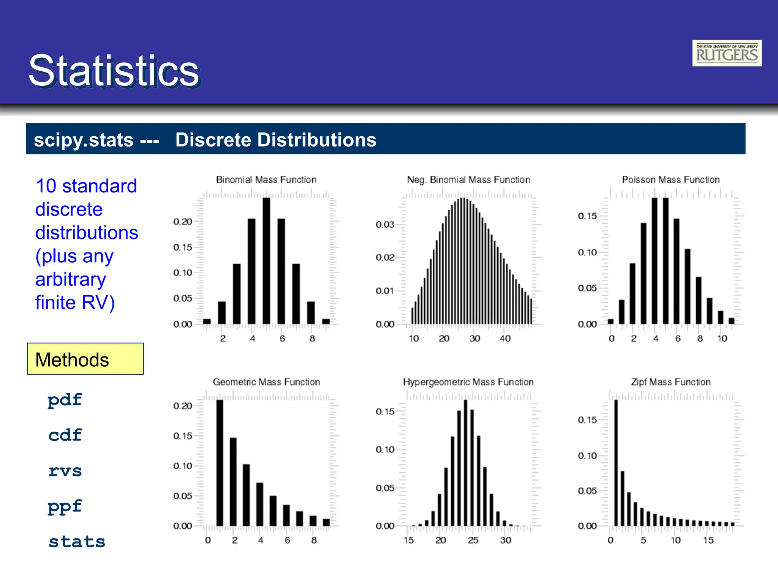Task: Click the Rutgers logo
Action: pyautogui.click(x=726, y=53)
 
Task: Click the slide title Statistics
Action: pyautogui.click(x=114, y=71)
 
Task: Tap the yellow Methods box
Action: pyautogui.click(x=85, y=359)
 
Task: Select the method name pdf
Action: pyautogui.click(x=65, y=400)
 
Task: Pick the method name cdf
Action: pyautogui.click(x=65, y=435)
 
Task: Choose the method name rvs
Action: pyautogui.click(x=65, y=471)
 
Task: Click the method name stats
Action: pyautogui.click(x=77, y=542)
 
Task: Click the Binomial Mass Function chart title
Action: pyautogui.click(x=266, y=180)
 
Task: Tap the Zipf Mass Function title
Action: pyautogui.click(x=670, y=382)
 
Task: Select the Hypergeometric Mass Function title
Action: pyautogui.click(x=468, y=382)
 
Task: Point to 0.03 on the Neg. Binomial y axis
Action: pyautogui.click(x=385, y=224)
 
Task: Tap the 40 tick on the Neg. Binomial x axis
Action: pyautogui.click(x=505, y=339)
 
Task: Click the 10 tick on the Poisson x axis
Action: pyautogui.click(x=722, y=339)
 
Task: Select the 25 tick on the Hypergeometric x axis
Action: pyautogui.click(x=473, y=540)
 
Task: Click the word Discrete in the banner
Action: pyautogui.click(x=213, y=140)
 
